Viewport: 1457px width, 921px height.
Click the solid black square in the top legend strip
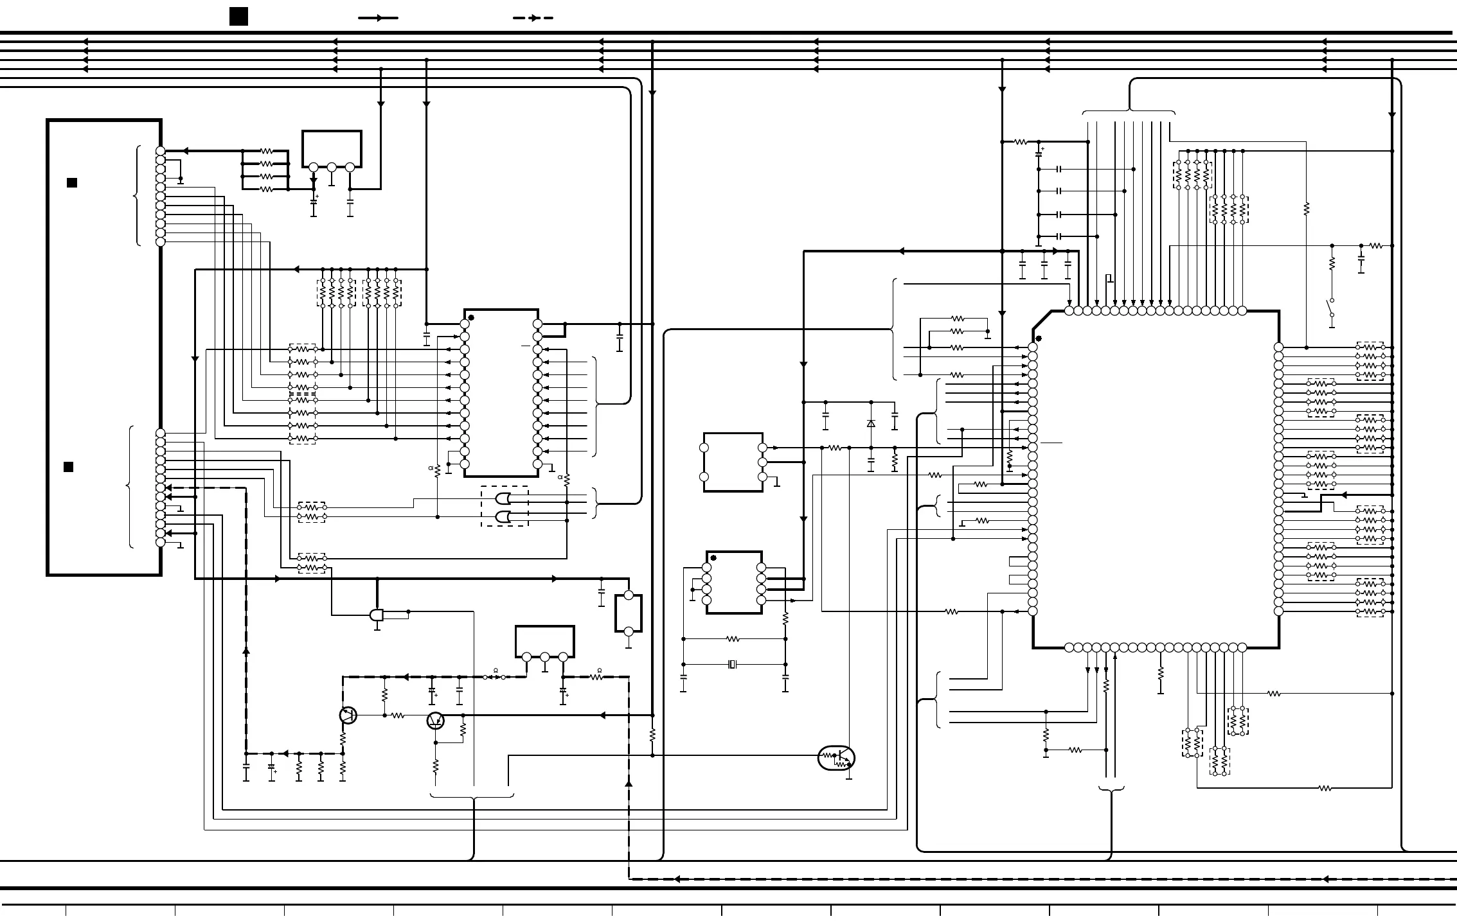(x=238, y=17)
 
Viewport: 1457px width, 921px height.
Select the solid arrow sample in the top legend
(x=378, y=18)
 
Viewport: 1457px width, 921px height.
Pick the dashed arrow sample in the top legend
(x=533, y=18)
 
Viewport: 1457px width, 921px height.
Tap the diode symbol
(x=871, y=423)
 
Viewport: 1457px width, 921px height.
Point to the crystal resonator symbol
(x=732, y=664)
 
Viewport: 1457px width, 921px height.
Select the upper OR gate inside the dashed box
(x=504, y=498)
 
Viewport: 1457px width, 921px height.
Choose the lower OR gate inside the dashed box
(x=504, y=516)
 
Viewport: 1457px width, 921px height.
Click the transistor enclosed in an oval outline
(x=836, y=758)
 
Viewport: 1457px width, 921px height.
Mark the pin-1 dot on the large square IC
(x=1038, y=338)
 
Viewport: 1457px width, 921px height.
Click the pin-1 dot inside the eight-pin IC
(x=713, y=558)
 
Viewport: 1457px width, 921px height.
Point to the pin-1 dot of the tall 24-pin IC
(x=471, y=318)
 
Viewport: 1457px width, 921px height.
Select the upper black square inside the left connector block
(x=72, y=183)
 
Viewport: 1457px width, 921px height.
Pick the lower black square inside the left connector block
(x=68, y=467)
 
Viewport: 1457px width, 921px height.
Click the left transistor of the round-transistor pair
(x=348, y=715)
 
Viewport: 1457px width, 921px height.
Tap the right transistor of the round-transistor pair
(x=436, y=721)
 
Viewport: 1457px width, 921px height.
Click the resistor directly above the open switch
(x=1332, y=263)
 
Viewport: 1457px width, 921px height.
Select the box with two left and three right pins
(x=733, y=462)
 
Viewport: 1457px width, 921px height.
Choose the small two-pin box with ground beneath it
(x=629, y=613)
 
